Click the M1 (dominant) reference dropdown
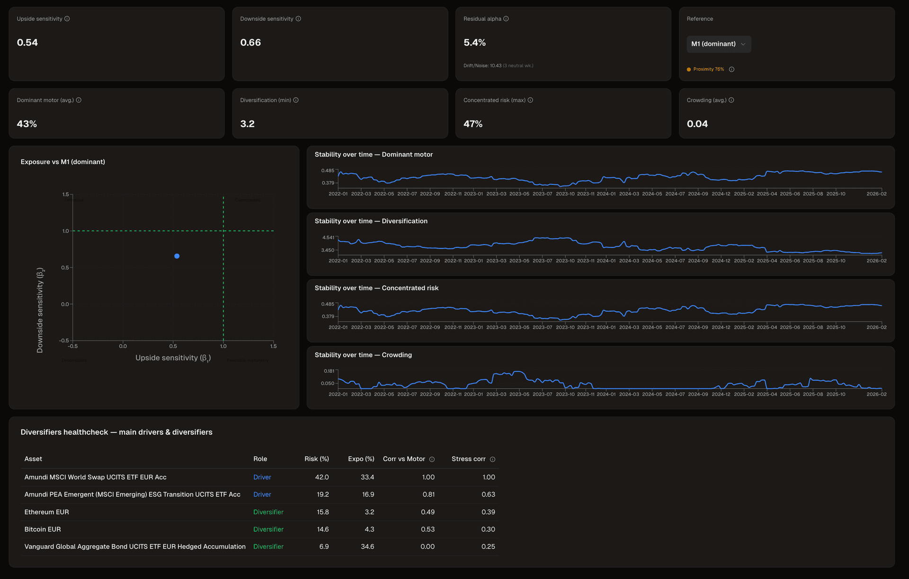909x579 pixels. [x=718, y=44]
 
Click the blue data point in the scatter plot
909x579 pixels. [x=177, y=256]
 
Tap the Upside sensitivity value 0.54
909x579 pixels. [x=27, y=43]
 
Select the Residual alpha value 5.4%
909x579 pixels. [x=474, y=43]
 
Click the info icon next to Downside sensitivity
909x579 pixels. [x=298, y=19]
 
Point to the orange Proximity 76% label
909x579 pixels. [x=708, y=70]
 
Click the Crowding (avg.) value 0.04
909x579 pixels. [x=697, y=124]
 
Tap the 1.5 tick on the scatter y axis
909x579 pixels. [x=65, y=194]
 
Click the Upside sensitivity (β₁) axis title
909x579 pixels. [x=173, y=358]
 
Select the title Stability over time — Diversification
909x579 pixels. [x=371, y=221]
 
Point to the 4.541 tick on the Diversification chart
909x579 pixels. [x=328, y=237]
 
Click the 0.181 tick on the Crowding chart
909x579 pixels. [x=329, y=371]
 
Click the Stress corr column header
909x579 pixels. [x=468, y=459]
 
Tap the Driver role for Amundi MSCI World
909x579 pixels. [x=262, y=477]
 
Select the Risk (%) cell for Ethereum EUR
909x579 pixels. [x=322, y=512]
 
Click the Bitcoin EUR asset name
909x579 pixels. [x=43, y=529]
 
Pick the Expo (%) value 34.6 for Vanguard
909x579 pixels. [x=367, y=546]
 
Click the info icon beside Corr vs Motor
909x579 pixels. [x=432, y=459]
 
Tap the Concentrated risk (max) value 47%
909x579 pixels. [x=472, y=124]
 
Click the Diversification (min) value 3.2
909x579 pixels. [x=247, y=124]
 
